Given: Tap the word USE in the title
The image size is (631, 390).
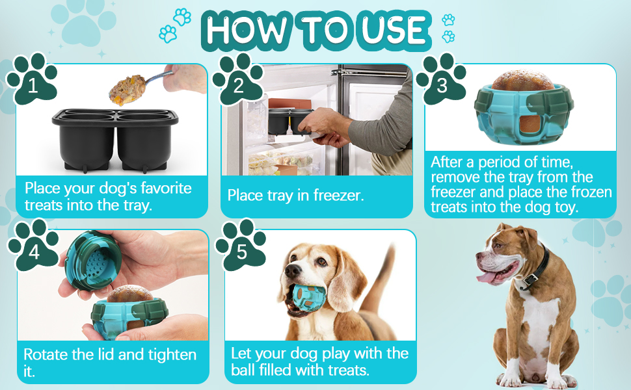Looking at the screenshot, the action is [x=393, y=29].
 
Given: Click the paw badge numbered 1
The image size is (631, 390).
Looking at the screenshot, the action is [x=33, y=79].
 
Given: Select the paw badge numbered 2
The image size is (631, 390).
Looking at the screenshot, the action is [x=237, y=79].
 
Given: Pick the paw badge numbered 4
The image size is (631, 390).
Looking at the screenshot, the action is [x=33, y=245].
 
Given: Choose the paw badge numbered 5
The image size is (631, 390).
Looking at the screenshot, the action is [x=241, y=245].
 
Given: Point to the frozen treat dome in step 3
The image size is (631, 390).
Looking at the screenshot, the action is [x=523, y=81].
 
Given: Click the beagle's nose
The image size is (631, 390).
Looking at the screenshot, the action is [x=292, y=270].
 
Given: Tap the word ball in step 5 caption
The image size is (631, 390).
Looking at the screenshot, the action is [x=243, y=370].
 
